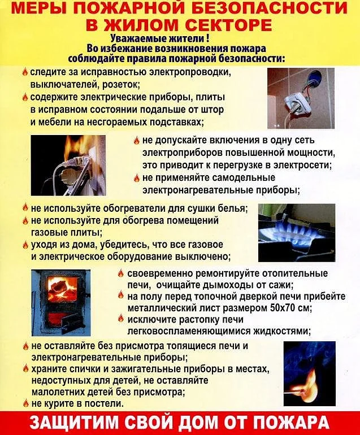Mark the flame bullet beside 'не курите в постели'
[x=25, y=403]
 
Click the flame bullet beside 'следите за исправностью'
[x=25, y=72]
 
